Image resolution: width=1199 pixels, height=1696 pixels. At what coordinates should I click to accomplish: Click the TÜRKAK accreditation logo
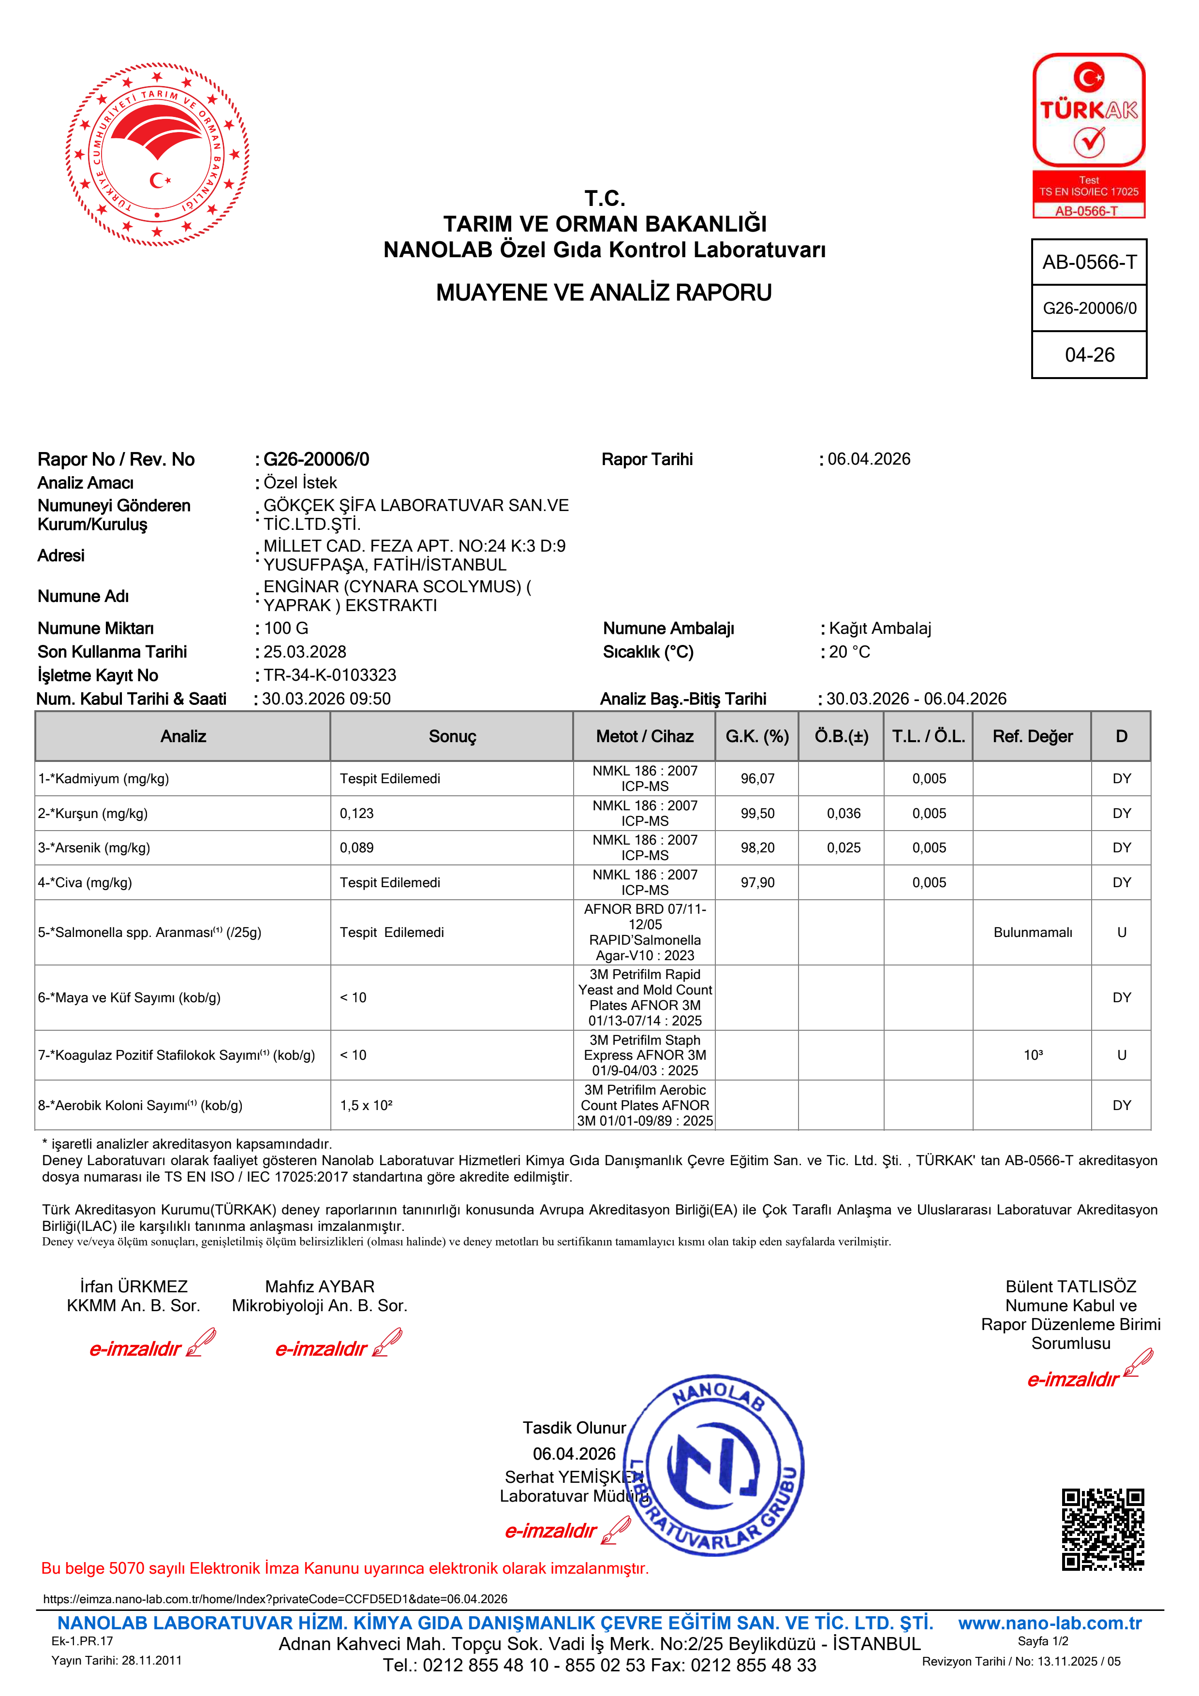click(1089, 135)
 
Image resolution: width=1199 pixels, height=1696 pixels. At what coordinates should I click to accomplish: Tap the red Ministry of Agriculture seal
click(157, 154)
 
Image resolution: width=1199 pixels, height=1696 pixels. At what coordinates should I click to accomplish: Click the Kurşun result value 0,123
click(357, 813)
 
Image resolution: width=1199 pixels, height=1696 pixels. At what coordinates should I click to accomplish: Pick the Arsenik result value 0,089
click(357, 848)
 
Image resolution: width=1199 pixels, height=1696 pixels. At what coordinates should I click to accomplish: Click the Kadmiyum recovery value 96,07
click(758, 778)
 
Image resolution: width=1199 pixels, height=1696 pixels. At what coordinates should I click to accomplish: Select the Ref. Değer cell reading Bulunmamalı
click(1033, 932)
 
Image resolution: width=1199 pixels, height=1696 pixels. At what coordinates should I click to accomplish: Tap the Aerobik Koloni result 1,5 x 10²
click(367, 1105)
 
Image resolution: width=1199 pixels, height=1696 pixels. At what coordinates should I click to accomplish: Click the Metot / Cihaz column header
click(645, 736)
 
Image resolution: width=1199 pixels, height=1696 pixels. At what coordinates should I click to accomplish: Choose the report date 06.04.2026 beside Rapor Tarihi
click(869, 459)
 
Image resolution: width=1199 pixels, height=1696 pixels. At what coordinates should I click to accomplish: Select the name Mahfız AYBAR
click(320, 1286)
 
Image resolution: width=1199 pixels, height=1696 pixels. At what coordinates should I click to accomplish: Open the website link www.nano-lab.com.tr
click(1050, 1623)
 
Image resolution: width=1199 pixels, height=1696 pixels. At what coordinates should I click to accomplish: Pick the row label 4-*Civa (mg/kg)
click(85, 883)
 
